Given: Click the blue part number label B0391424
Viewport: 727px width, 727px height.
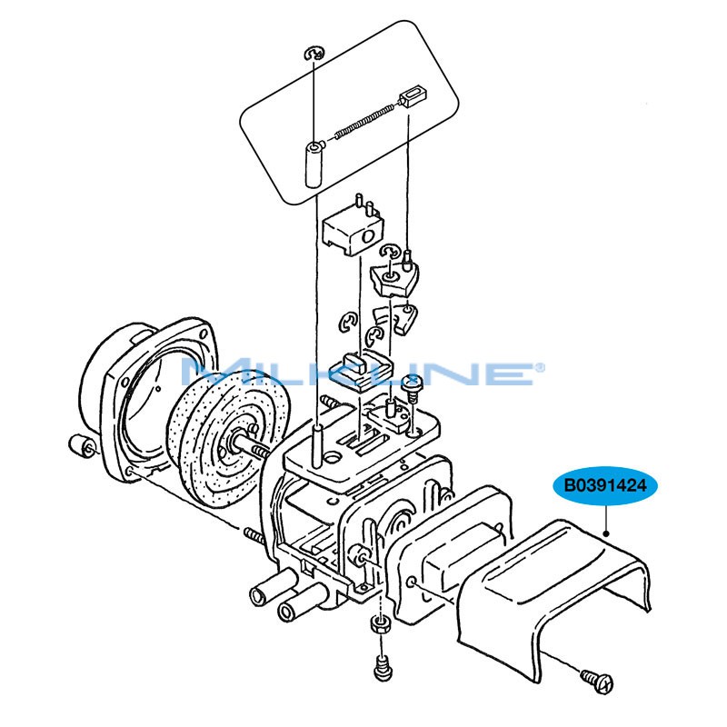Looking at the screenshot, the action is click(604, 485).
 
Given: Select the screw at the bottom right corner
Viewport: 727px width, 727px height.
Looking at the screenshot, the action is click(598, 680).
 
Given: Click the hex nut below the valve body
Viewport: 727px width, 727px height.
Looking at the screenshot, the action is click(381, 626).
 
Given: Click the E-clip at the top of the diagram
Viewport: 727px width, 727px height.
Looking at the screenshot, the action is click(314, 54).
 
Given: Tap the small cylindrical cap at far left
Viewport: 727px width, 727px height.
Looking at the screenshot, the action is click(81, 445).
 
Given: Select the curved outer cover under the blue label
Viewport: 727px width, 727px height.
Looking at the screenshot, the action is click(554, 598).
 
